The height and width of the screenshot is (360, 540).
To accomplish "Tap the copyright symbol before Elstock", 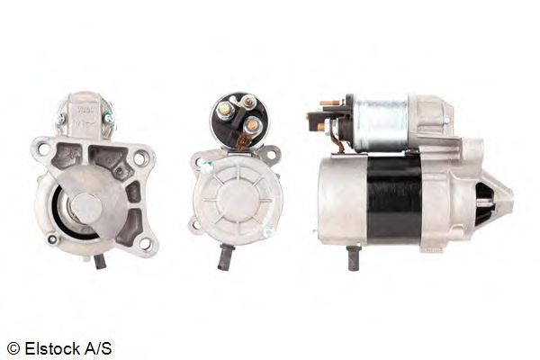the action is point(13,349).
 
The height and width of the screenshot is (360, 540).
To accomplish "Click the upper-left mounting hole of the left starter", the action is point(44,148).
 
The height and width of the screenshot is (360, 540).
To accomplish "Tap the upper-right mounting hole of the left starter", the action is point(139,158).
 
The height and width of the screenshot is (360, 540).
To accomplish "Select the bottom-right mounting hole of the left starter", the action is point(145,244).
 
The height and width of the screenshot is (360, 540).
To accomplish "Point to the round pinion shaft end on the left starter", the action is point(86,208).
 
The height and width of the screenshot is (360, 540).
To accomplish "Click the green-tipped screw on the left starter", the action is point(109,118).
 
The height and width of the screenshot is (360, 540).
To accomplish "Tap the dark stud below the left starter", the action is point(100,262).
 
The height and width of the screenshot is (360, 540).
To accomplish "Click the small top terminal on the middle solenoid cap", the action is point(247,102).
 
